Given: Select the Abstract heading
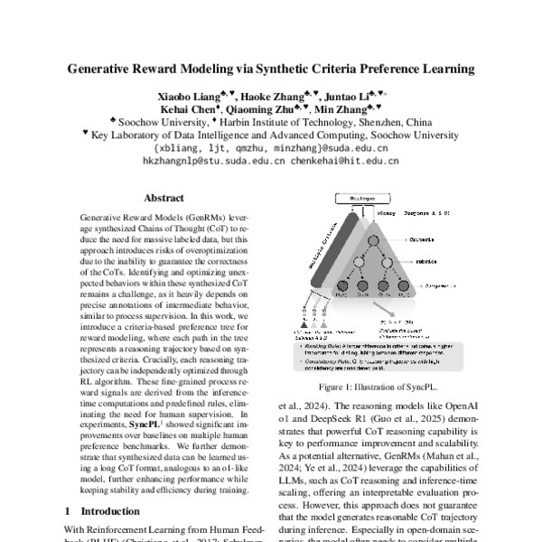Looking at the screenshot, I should pos(164,198).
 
